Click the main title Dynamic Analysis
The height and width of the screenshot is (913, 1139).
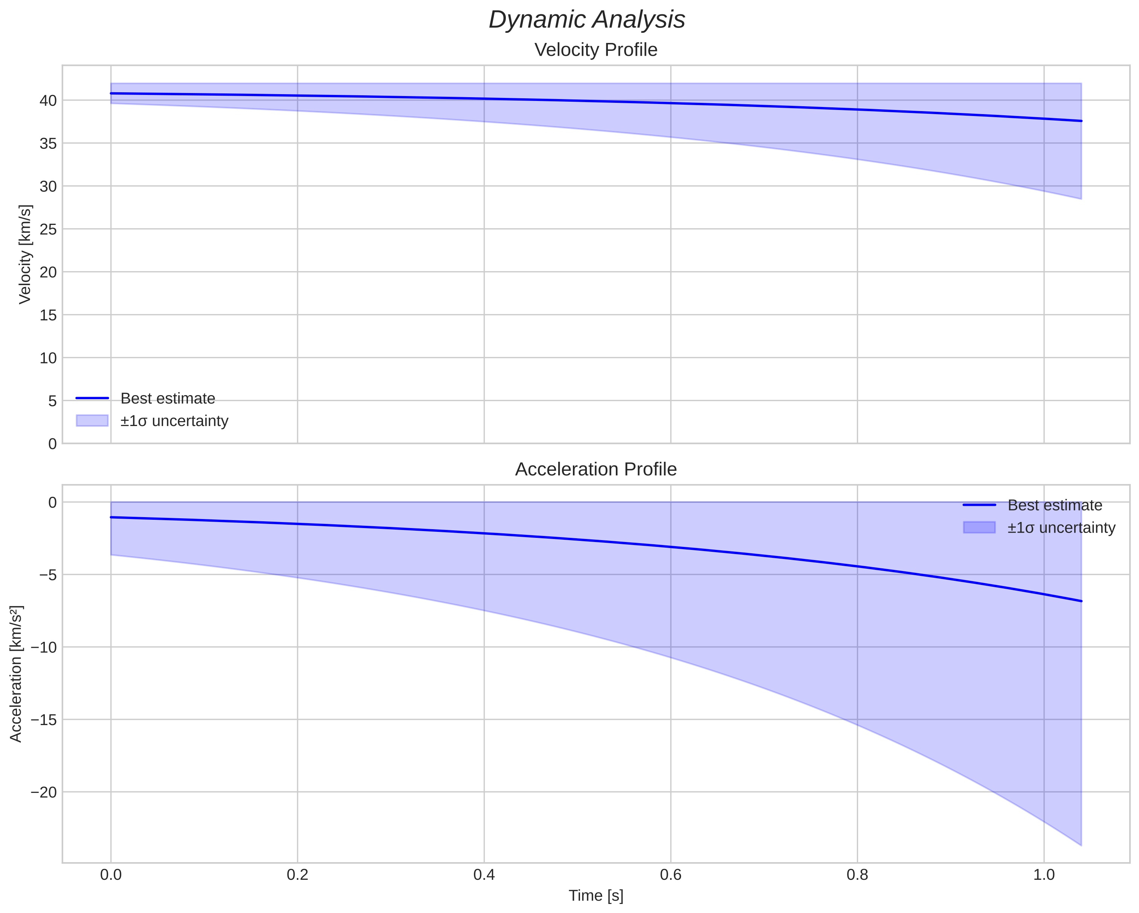pos(587,20)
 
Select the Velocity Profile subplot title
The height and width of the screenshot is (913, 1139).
pos(596,50)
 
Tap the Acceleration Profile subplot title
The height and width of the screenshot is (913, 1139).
pos(596,469)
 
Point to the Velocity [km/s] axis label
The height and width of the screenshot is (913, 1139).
pos(25,254)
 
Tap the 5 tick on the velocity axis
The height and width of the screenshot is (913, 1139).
pos(52,401)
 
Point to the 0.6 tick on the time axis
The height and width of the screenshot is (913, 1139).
pos(670,875)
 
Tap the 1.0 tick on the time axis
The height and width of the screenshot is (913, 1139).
pos(1044,875)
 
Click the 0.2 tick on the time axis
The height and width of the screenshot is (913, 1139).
pos(298,875)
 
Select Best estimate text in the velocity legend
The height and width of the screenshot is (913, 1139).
pos(168,398)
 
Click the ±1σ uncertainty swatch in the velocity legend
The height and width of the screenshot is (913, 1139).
pos(92,421)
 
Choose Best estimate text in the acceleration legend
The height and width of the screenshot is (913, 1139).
pos(1055,505)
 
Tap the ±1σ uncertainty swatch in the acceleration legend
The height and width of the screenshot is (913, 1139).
pos(979,527)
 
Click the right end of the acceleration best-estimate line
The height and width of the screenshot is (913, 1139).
pos(1081,601)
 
